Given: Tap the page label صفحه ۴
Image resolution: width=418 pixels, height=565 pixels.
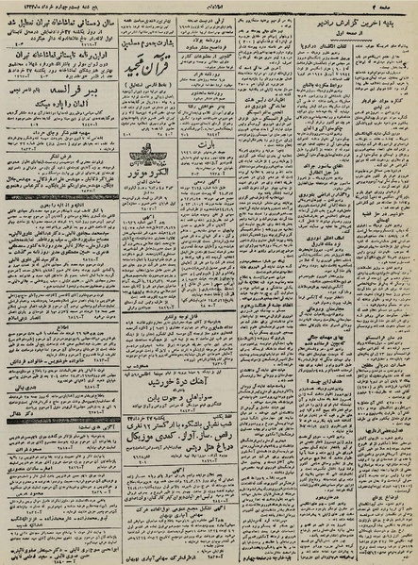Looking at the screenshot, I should (395, 8).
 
